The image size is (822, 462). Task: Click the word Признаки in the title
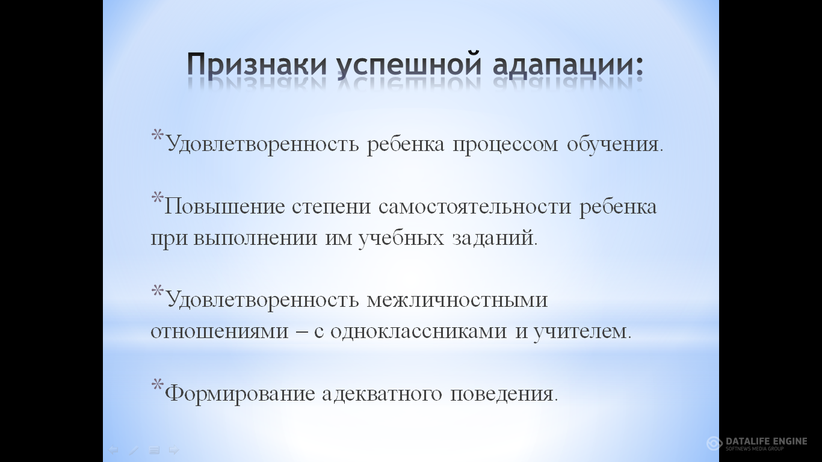[257, 66]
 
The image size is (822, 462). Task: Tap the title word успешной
[409, 66]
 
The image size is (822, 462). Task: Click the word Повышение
[224, 207]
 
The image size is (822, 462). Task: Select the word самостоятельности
[475, 207]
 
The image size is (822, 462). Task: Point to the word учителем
[583, 331]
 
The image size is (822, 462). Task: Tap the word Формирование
[240, 394]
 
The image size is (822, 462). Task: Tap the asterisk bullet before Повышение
[157, 198]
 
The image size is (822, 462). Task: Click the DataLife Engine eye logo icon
[714, 443]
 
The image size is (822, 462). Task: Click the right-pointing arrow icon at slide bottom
[173, 449]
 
